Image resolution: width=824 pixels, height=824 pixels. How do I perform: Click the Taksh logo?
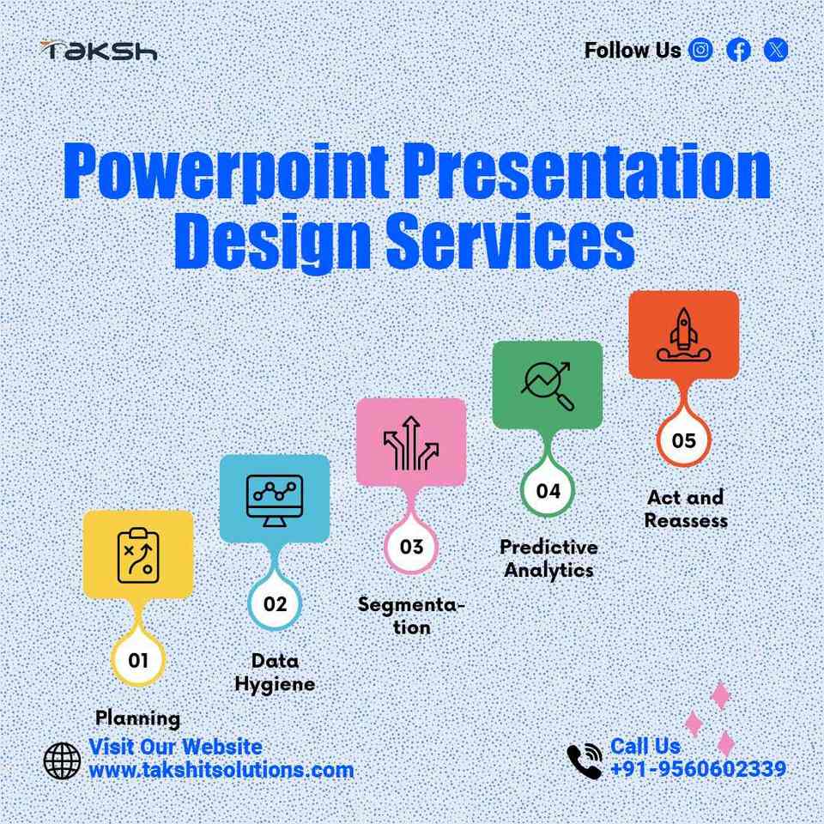point(99,51)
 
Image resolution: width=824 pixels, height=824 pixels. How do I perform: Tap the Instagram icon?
point(700,50)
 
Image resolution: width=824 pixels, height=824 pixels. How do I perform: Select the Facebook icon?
point(738,50)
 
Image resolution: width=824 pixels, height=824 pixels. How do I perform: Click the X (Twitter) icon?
point(776,50)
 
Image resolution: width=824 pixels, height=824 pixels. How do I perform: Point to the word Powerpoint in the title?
point(227,171)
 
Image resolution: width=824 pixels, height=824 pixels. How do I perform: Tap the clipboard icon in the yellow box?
point(138,555)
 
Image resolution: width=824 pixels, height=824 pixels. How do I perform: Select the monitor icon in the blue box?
point(275,500)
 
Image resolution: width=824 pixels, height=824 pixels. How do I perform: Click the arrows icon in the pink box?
point(411,443)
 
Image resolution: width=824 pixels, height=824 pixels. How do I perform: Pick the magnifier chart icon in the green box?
point(547,385)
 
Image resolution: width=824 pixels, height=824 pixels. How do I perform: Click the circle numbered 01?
point(138,659)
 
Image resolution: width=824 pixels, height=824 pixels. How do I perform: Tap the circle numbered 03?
point(411,547)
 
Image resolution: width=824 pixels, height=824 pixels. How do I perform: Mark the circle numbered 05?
point(684,440)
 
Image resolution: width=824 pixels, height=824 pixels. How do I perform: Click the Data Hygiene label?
point(275,673)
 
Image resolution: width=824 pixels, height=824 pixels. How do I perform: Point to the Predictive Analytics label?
point(548,559)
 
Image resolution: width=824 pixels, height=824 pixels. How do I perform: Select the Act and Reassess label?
point(686,509)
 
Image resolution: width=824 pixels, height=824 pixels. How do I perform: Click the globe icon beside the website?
point(62,760)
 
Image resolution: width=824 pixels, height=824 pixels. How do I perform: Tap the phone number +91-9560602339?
point(699,769)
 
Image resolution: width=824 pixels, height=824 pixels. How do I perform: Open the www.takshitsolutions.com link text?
point(221,771)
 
